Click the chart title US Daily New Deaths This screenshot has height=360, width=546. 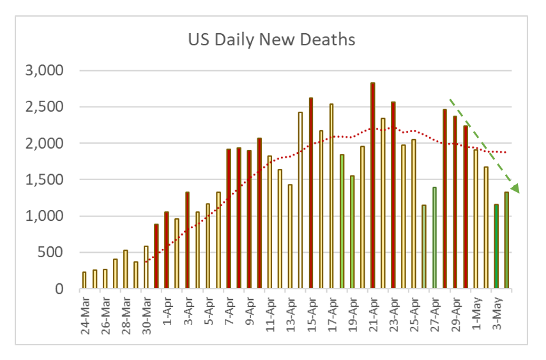[271, 40]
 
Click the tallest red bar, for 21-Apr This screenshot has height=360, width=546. [373, 186]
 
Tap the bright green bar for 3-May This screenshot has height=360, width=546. [496, 246]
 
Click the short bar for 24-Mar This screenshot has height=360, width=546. [84, 281]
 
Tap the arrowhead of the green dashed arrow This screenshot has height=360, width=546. [515, 187]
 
